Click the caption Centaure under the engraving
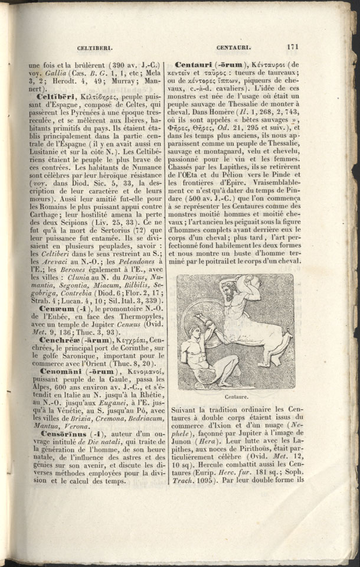pyautogui.click(x=236, y=397)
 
